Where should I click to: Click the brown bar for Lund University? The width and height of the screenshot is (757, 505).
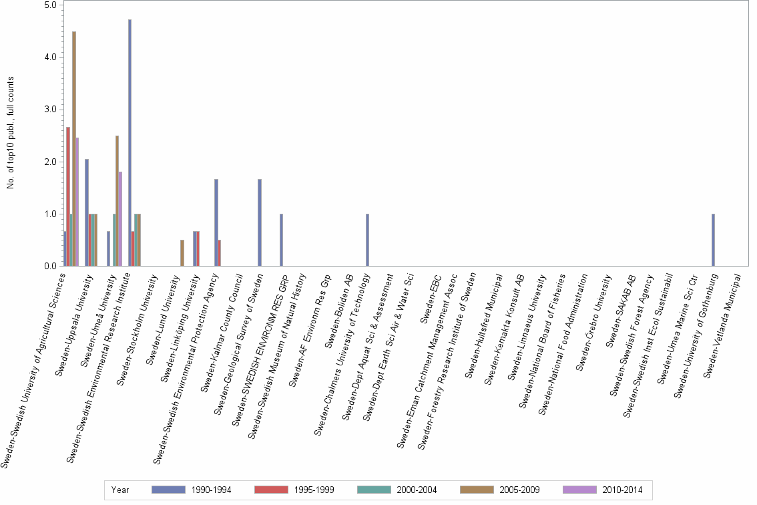pos(182,253)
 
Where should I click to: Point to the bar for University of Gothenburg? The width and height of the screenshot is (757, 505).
pos(714,240)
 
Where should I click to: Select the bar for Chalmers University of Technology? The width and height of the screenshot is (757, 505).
pos(367,240)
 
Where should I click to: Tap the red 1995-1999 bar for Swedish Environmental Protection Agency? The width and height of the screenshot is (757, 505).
pos(220,253)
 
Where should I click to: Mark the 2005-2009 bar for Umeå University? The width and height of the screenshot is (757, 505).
pos(117,201)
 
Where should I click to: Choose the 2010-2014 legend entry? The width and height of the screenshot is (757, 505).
pos(604,490)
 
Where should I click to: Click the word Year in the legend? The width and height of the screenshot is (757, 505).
pos(120,490)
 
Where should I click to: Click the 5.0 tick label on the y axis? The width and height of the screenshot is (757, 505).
pos(49,5)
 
